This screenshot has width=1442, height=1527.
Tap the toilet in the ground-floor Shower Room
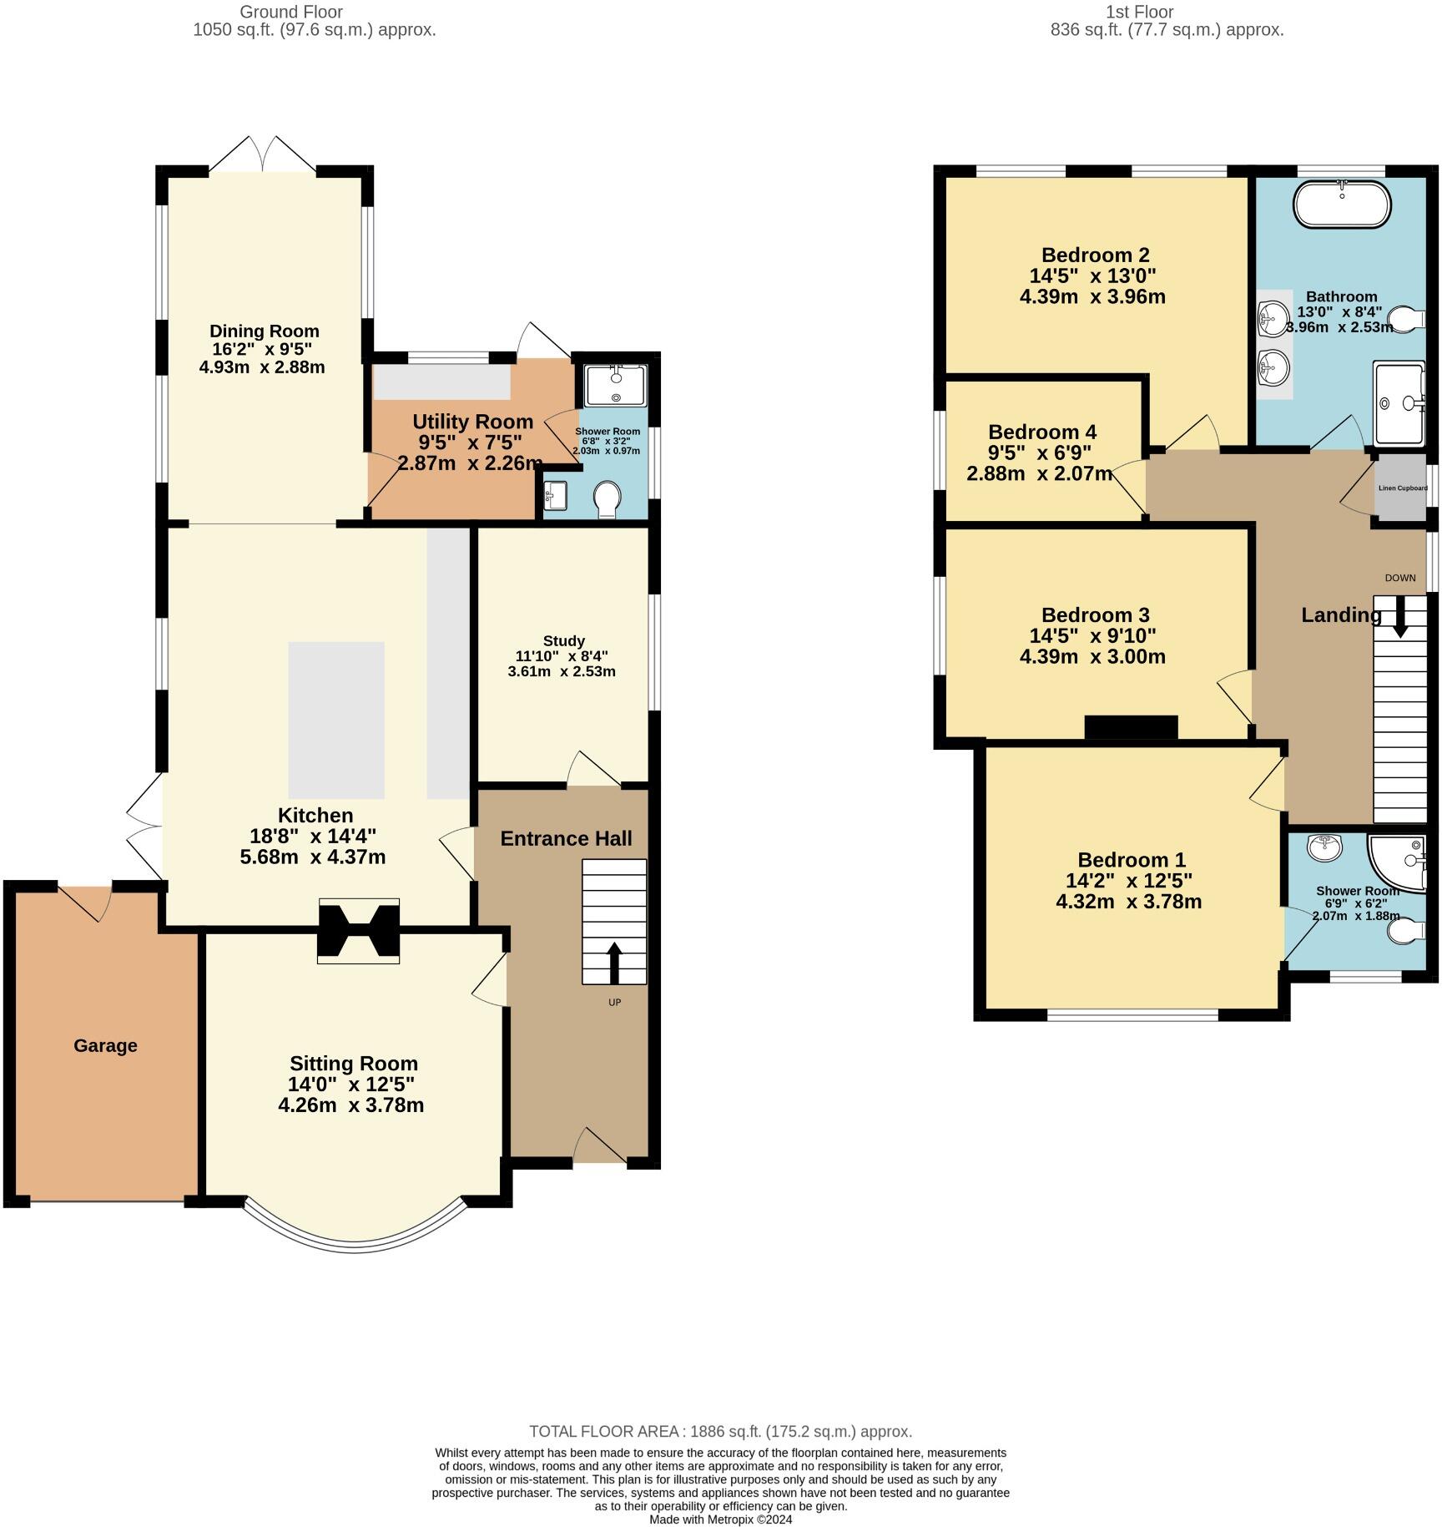[x=607, y=500]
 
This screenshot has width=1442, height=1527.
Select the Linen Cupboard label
[x=1402, y=488]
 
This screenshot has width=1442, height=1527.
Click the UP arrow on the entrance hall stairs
[x=614, y=963]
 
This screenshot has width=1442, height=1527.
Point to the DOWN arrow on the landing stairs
[x=1399, y=617]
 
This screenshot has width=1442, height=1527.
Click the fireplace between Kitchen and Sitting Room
[x=359, y=931]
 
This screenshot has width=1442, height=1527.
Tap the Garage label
[x=105, y=1045]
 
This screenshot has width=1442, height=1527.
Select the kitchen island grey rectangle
[x=336, y=720]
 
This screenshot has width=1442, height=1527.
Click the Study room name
[x=563, y=640]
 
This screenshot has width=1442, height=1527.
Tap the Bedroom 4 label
[x=1041, y=432]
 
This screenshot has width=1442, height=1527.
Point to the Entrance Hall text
[x=566, y=838]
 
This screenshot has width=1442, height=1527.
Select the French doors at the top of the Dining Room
[x=262, y=155]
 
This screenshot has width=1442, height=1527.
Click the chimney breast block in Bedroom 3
[x=1131, y=727]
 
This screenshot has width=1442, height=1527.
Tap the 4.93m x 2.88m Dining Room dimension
[x=262, y=367]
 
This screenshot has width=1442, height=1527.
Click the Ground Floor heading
[x=290, y=12]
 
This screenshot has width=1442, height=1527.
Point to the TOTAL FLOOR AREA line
[x=720, y=1431]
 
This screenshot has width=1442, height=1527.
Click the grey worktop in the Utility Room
[x=442, y=382]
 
